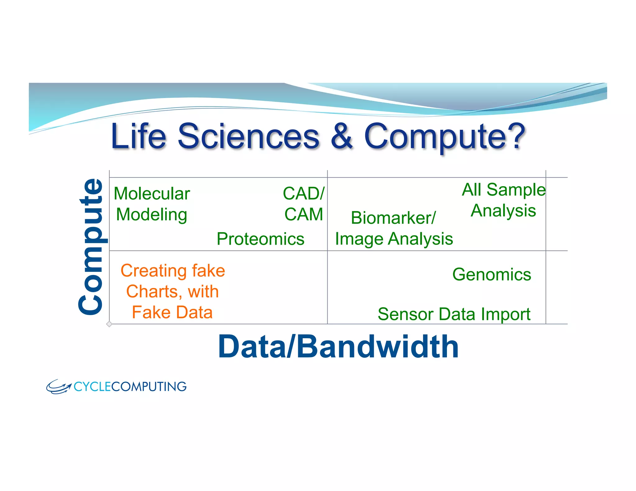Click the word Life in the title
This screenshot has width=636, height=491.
pos(139,136)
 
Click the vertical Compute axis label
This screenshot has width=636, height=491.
pos(91,247)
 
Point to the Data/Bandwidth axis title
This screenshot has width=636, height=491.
pos(338,347)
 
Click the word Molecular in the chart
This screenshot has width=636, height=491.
pos(152,194)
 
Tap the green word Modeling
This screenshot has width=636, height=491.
pos(152,215)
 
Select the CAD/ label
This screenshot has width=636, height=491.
pos(303,194)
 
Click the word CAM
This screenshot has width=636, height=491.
pos(304,214)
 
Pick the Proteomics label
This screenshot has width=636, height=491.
pos(260,239)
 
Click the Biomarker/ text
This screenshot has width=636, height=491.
pos(393,218)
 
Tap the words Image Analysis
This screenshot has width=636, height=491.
pos(394,239)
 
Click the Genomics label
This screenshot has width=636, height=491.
pos(492,275)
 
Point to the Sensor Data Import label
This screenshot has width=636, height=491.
pos(454,314)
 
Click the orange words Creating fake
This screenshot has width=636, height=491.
pos(173,271)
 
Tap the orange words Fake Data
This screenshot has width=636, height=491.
pos(172,312)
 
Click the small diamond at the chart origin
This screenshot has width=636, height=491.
pos(109,324)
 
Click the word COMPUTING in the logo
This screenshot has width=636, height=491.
pos(149,387)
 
